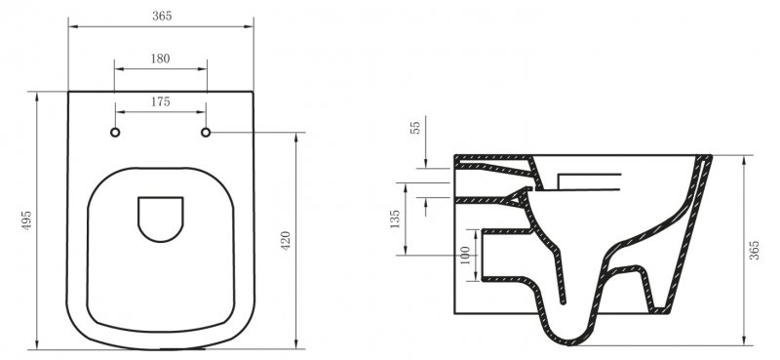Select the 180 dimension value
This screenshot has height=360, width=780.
(x=161, y=59)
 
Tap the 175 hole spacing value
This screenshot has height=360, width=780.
(x=161, y=101)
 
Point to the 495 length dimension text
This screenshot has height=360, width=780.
(x=25, y=220)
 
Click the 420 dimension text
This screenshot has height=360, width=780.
(x=286, y=241)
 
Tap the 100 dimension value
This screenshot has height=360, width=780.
(x=465, y=256)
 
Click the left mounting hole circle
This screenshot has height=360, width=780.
(x=115, y=132)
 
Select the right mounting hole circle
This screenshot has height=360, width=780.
(x=207, y=132)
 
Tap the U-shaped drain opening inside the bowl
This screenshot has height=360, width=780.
(x=161, y=220)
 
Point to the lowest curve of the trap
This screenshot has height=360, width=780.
(x=570, y=340)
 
